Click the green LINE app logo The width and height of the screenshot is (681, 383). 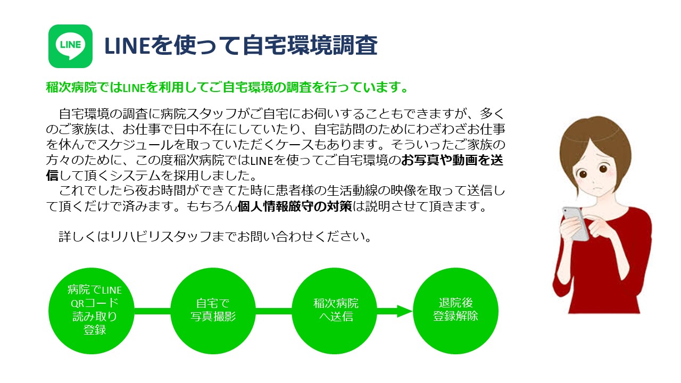pyautogui.click(x=70, y=46)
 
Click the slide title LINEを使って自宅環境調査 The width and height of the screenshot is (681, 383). pyautogui.click(x=241, y=45)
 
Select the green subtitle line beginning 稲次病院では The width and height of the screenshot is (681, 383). pyautogui.click(x=227, y=87)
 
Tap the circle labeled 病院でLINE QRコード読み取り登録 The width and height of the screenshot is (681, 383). pyautogui.click(x=92, y=311)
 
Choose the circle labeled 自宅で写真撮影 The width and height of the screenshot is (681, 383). pyautogui.click(x=213, y=311)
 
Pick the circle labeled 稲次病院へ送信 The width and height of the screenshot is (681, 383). pyautogui.click(x=335, y=311)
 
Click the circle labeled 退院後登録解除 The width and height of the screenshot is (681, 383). pyautogui.click(x=455, y=311)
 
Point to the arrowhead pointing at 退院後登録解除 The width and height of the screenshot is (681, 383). pyautogui.click(x=405, y=311)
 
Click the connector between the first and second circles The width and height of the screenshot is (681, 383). pyautogui.click(x=152, y=311)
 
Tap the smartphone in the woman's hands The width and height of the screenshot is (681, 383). pyautogui.click(x=576, y=223)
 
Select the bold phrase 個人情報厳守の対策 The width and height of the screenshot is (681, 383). pyautogui.click(x=295, y=206)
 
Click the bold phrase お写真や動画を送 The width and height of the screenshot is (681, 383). pyautogui.click(x=452, y=160)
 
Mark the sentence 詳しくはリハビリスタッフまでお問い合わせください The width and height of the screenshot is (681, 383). pyautogui.click(x=215, y=237)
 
